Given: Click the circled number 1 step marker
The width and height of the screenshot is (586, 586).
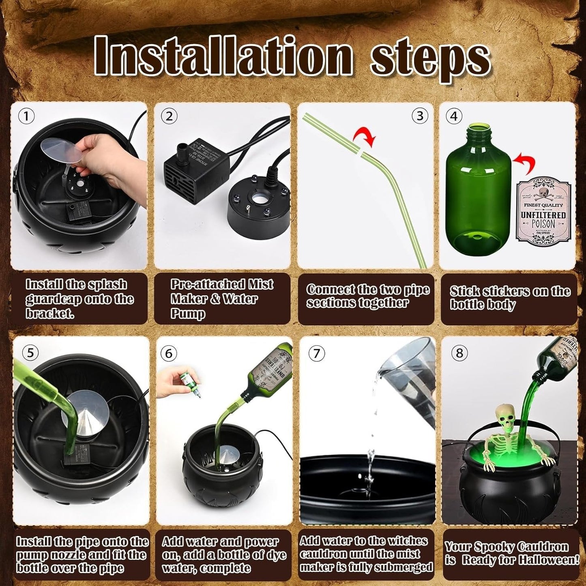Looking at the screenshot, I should pyautogui.click(x=26, y=117).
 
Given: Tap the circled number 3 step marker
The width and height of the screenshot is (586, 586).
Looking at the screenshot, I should pyautogui.click(x=420, y=116).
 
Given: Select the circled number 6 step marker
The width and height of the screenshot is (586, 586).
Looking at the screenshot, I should pyautogui.click(x=169, y=353).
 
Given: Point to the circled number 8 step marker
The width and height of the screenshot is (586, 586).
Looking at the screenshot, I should pyautogui.click(x=459, y=353).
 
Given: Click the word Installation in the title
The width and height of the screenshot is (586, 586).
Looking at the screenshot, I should pyautogui.click(x=223, y=56).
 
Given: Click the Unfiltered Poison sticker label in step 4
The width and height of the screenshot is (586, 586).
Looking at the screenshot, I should pyautogui.click(x=543, y=211).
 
